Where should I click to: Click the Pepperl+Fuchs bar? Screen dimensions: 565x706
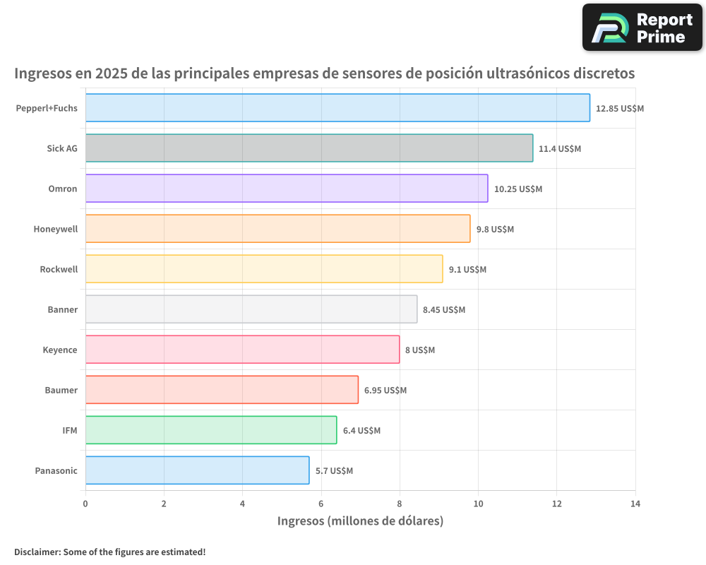337,108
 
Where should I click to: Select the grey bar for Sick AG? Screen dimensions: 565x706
309,148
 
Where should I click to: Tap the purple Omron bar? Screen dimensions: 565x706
287,189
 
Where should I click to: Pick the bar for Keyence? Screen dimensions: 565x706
242,350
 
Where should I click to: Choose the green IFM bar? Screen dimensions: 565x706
211,430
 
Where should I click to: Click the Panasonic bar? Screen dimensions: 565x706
197,470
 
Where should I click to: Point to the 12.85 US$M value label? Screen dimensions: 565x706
620,109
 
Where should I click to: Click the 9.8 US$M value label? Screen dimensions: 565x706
495,230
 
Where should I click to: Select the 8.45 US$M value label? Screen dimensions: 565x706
444,310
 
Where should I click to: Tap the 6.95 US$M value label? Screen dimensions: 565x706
385,391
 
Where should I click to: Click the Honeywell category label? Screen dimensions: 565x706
55,230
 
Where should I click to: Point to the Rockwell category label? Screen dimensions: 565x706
59,270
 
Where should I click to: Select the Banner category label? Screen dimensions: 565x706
62,310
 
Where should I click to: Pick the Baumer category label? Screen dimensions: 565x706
61,391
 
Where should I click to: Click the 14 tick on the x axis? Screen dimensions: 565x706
635,504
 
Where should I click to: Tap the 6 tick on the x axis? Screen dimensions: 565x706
321,504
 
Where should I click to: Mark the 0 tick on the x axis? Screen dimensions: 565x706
85,504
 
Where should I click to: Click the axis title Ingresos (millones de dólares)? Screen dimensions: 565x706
360,522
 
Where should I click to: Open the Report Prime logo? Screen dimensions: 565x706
642,28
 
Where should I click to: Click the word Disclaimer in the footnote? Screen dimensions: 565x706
36,552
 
